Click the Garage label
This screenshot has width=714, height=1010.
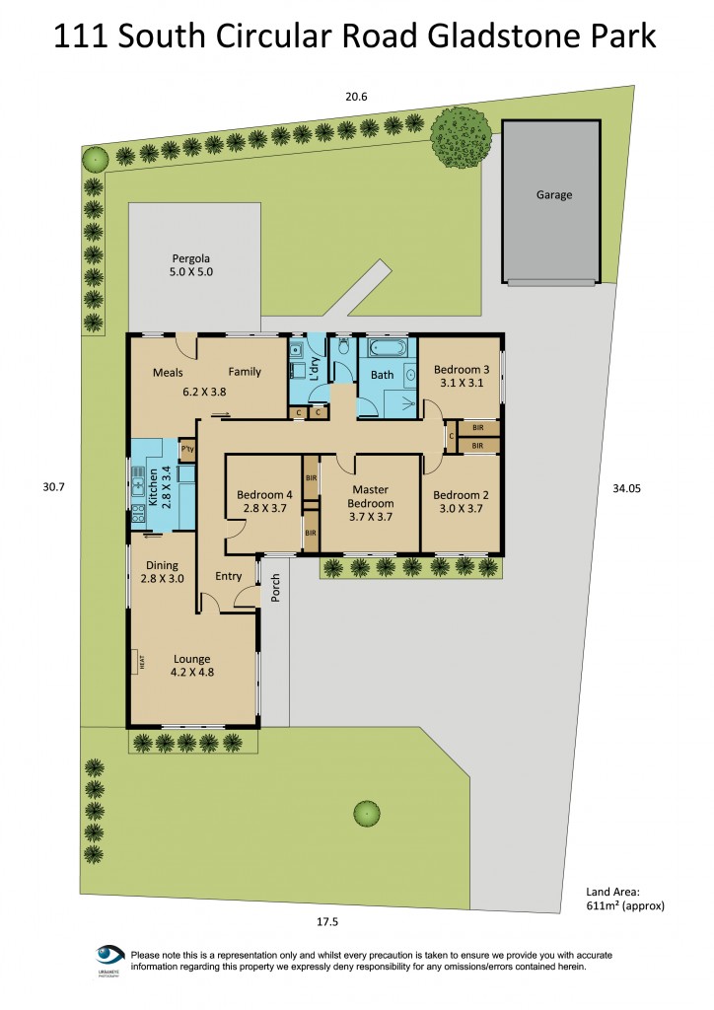click(553, 195)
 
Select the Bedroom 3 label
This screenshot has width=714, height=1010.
click(462, 377)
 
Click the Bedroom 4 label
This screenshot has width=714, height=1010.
click(264, 502)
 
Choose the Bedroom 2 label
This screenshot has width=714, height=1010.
click(461, 502)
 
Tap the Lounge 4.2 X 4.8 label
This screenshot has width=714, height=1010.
click(193, 666)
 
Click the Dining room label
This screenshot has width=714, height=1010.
click(163, 572)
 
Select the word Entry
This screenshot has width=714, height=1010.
click(228, 577)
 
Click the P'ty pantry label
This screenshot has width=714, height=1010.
click(186, 450)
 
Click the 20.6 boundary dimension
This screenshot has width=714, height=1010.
click(356, 97)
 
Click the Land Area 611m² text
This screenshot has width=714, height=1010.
click(626, 899)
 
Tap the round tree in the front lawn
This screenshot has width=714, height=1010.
click(367, 814)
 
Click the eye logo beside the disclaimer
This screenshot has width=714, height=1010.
click(108, 956)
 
